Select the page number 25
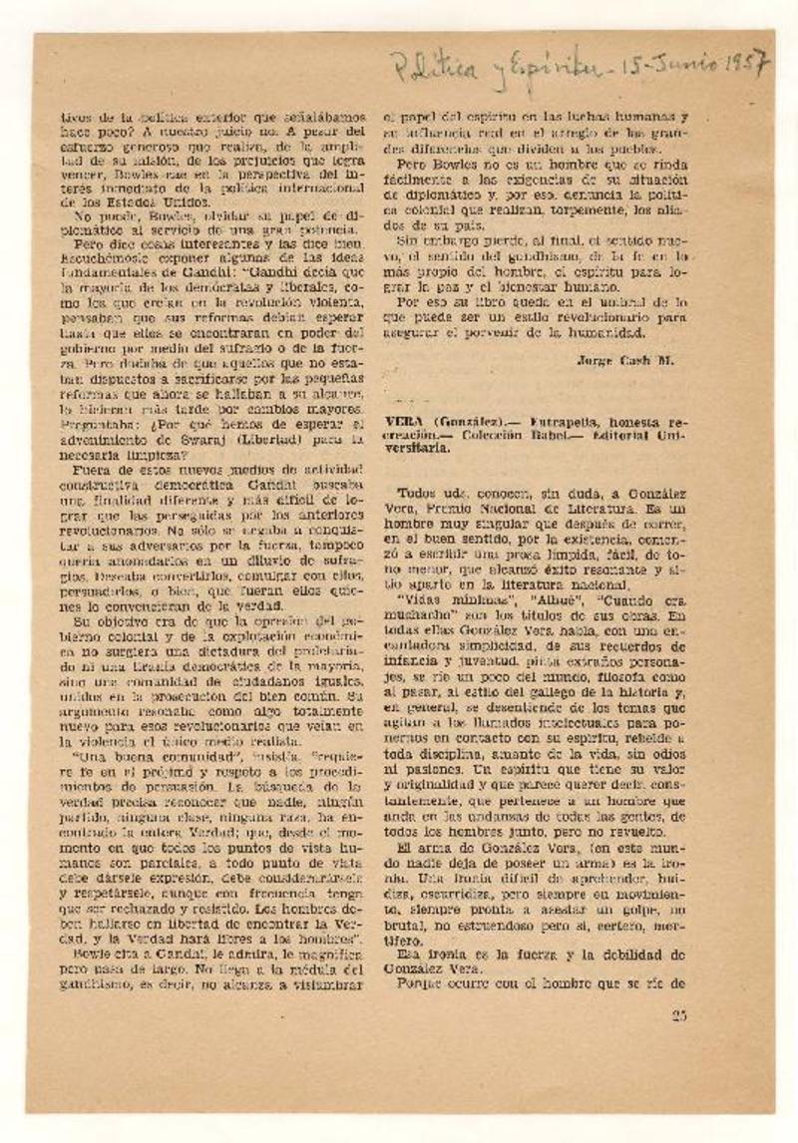pos(680,1015)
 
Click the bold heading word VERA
pos(403,422)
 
